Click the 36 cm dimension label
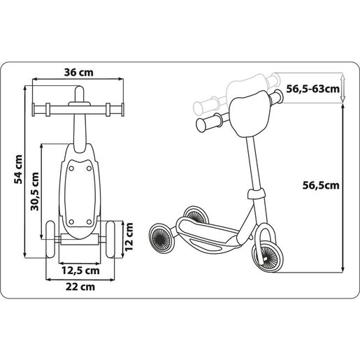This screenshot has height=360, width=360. coord(78,73)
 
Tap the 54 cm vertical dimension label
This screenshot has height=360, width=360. coord(18,169)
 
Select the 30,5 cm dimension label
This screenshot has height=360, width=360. coord(34,192)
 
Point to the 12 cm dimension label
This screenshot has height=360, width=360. coord(129,237)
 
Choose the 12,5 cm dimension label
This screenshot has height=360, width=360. coord(80,271)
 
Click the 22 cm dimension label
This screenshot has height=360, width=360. coord(80,287)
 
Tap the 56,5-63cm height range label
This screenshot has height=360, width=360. coord(312,89)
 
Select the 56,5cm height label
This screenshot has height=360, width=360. coord(321,185)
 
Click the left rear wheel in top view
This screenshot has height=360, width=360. coord(50,239)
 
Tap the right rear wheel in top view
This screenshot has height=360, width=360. coord(110,239)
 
